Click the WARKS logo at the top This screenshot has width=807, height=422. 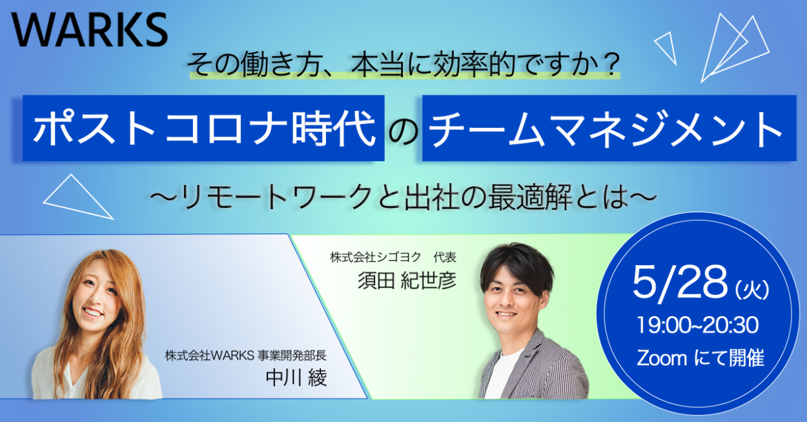tap(89, 30)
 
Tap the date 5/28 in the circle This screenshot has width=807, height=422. tap(680, 283)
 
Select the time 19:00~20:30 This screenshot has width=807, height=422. tap(698, 325)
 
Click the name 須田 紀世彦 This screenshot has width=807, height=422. tap(407, 281)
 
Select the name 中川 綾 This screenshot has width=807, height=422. tap(296, 377)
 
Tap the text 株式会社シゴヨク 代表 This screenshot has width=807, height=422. tap(393, 257)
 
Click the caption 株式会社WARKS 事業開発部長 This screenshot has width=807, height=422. tap(246, 356)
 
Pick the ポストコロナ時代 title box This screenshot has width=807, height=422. tap(203, 128)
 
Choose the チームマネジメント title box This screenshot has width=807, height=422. tap(609, 128)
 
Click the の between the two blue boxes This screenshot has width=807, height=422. tap(403, 132)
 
